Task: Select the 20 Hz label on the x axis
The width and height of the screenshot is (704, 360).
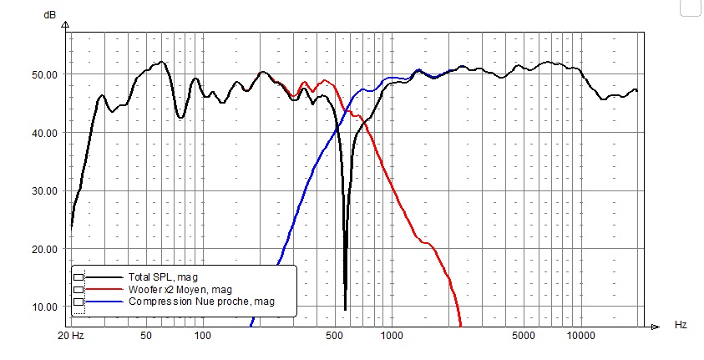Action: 72,336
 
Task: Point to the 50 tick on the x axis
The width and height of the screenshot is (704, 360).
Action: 146,336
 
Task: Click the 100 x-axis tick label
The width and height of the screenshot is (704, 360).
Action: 203,336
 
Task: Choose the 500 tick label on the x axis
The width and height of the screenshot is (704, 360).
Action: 335,336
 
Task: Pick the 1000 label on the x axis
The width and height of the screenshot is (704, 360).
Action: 392,336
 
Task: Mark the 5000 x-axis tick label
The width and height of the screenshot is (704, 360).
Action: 524,336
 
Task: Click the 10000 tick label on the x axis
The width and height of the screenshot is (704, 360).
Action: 580,336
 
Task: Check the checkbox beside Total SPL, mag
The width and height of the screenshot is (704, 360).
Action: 79,276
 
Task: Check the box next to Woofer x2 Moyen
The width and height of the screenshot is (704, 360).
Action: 79,289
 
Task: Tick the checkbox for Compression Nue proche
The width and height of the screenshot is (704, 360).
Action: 79,301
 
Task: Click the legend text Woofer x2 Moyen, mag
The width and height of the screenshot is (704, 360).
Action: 179,289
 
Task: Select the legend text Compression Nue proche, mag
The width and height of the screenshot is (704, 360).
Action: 200,301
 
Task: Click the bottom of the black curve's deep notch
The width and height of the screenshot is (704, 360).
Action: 345,308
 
